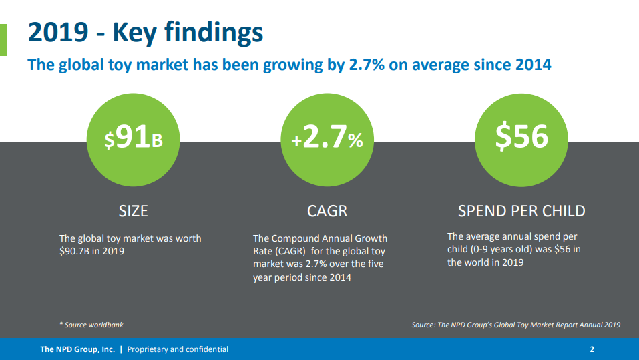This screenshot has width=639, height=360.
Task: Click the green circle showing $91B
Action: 134,140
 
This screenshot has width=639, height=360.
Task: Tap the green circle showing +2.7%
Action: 327,140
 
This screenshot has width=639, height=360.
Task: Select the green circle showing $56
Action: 521,140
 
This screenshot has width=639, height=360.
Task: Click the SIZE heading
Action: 134,211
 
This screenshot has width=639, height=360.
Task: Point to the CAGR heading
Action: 327,211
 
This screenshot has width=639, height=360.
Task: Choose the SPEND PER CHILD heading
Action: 521,211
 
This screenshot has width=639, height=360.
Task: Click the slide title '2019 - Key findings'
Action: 146,32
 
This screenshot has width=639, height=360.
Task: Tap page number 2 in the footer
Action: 592,349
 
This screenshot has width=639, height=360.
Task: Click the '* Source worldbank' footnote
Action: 91,325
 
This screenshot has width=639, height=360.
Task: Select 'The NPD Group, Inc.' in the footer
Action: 77,349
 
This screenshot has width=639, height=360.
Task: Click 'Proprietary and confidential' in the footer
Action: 178,349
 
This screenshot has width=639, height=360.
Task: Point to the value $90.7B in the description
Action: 74,251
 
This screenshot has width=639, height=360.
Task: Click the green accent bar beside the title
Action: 3,40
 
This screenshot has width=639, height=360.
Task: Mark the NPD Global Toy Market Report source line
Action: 516,325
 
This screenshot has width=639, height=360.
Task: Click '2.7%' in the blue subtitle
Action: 367,65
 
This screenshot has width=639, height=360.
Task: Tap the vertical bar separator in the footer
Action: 121,349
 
